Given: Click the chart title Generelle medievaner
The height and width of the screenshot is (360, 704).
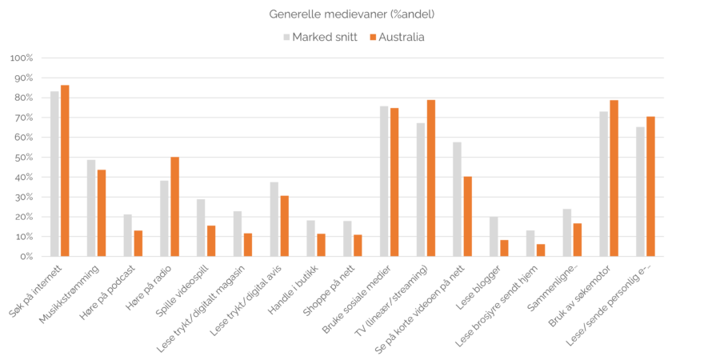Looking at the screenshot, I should pyautogui.click(x=352, y=14).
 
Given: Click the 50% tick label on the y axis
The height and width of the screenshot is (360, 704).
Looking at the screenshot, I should pyautogui.click(x=22, y=158).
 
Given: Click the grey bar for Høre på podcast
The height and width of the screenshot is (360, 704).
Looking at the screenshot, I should pyautogui.click(x=128, y=235).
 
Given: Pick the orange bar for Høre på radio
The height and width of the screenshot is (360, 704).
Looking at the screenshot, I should pyautogui.click(x=175, y=206).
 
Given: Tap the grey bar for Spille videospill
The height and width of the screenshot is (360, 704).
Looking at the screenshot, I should pyautogui.click(x=201, y=226).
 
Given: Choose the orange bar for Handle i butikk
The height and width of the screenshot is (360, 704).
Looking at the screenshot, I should pyautogui.click(x=322, y=245).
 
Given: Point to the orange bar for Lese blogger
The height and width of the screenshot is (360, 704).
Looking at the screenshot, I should pyautogui.click(x=505, y=248).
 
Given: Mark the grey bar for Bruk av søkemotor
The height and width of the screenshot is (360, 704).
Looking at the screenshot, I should pyautogui.click(x=604, y=184).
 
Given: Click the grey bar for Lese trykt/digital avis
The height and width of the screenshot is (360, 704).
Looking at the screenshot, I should pyautogui.click(x=274, y=219).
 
